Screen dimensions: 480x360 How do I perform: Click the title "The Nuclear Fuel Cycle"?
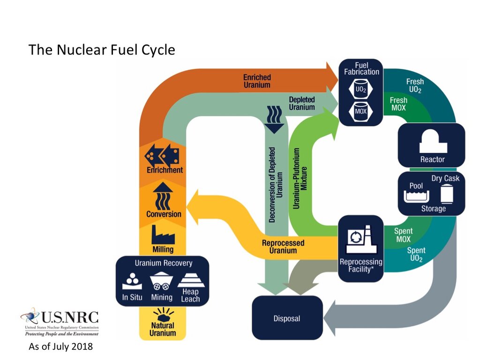tap(102, 50)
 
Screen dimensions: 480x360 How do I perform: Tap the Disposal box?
tap(287, 318)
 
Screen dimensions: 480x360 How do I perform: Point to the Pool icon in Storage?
tap(416, 196)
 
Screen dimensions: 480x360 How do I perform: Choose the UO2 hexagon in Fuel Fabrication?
tap(361, 89)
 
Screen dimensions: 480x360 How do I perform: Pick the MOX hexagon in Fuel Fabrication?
tap(361, 111)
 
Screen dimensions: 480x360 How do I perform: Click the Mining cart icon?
tap(161, 281)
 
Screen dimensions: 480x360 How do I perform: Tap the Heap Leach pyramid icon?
tap(191, 280)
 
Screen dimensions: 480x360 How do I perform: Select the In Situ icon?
tap(132, 281)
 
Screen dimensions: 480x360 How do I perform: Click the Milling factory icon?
tap(163, 235)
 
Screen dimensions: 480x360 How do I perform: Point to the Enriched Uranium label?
tap(257, 81)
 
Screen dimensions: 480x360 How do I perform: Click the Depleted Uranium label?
tap(302, 104)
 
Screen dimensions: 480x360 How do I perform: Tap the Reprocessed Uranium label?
tap(283, 247)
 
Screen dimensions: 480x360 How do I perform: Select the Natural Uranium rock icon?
tap(163, 314)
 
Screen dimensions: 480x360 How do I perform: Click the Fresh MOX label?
tap(398, 104)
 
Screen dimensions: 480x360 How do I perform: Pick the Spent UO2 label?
tap(416, 255)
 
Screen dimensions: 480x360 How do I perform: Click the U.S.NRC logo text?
tap(70, 317)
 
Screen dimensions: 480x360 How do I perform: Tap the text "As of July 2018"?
tap(60, 346)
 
